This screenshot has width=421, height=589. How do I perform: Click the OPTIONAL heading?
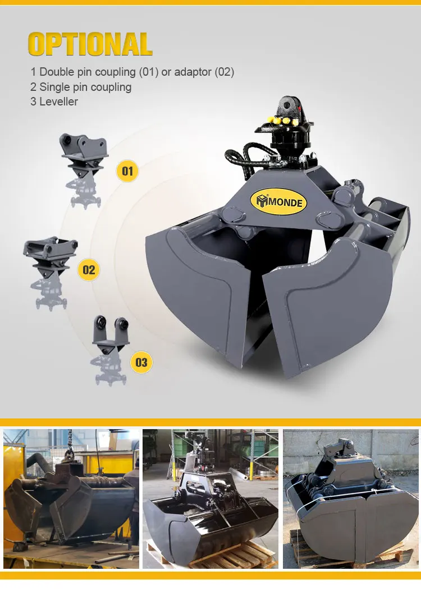point(90,44)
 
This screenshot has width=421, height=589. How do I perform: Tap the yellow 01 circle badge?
point(127,171)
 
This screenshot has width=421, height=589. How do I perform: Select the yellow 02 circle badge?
point(89,270)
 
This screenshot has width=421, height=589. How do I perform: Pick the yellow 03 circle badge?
point(141,362)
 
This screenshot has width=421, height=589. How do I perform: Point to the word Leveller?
point(58,102)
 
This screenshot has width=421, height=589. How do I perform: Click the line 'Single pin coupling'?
point(85,87)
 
